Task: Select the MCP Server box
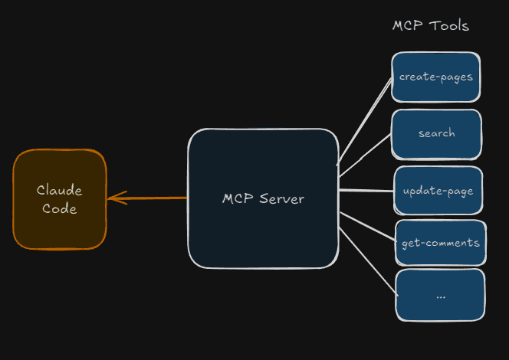coord(263,198)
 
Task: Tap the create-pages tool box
coord(435,77)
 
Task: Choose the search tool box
coord(436,134)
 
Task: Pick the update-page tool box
coord(438,190)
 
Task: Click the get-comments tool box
coord(440,244)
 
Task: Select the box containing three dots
coord(440,294)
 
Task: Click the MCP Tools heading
coord(430,25)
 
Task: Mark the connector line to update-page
coord(366,190)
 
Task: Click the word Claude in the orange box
coord(59,190)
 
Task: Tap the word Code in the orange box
coord(59,208)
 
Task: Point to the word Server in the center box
coord(281,199)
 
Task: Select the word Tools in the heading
coord(449,25)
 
